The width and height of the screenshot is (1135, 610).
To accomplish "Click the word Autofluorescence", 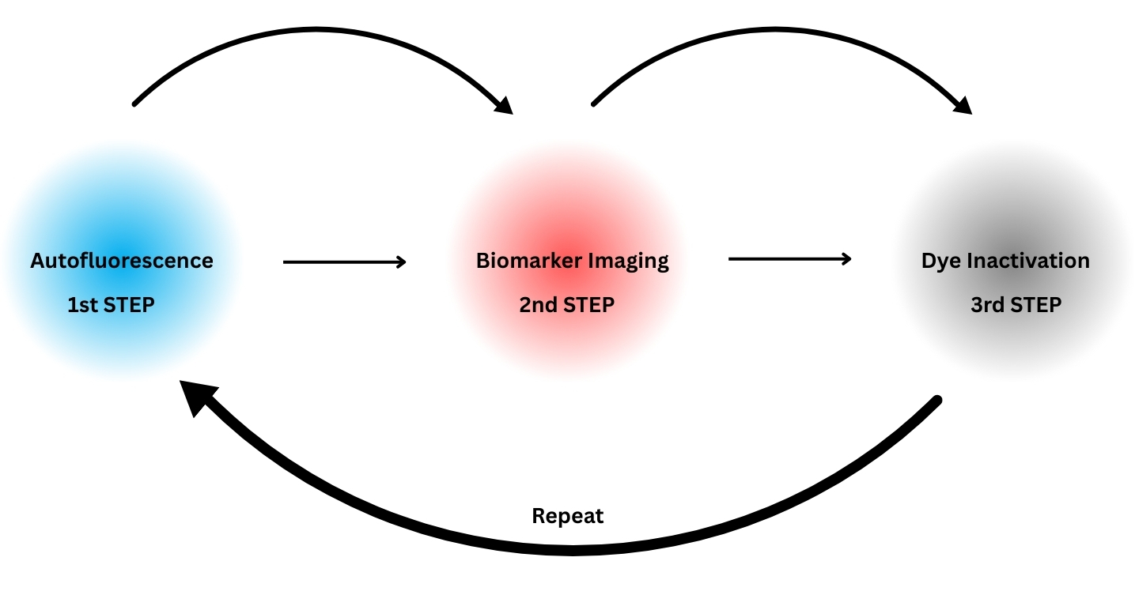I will point(122,261).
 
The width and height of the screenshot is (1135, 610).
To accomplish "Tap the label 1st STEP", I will point(111,305).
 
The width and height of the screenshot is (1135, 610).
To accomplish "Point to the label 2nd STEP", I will point(566,305).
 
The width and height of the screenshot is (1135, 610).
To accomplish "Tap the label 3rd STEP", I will point(1016,305).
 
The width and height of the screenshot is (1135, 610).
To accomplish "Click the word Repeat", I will point(568,517).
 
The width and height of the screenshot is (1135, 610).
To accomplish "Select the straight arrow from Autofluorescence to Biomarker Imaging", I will point(344,262).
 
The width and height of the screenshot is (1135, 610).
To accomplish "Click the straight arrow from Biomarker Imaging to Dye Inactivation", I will point(789,258).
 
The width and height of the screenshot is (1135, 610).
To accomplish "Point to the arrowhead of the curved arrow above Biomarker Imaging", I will point(503,104).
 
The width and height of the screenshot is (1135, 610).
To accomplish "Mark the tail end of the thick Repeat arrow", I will point(937,401).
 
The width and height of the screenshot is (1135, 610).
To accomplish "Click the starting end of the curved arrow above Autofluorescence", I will point(135,104).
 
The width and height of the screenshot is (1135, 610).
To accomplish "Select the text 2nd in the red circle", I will point(538,305).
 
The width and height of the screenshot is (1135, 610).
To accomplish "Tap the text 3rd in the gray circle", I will point(986,305).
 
